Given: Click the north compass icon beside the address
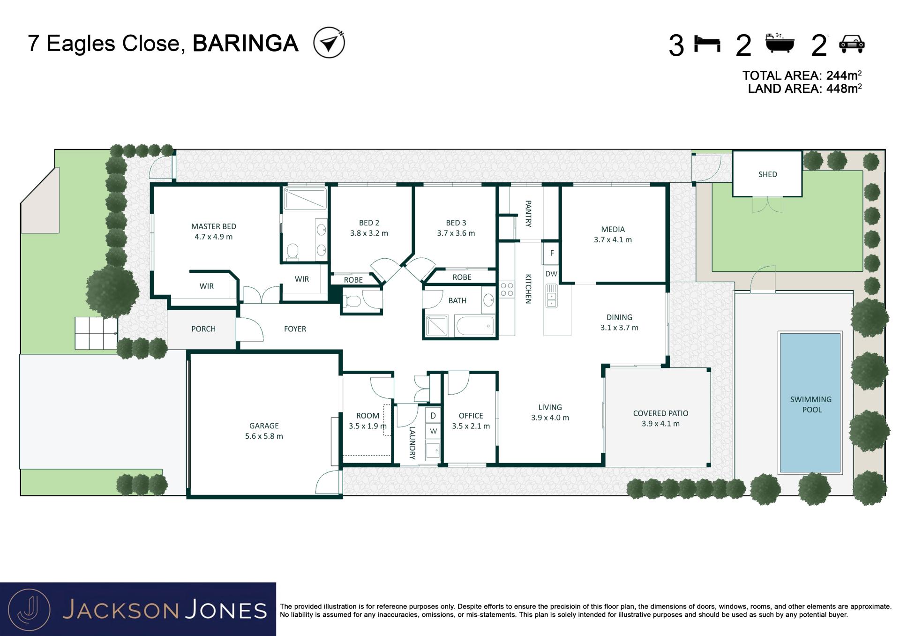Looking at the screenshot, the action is tap(329, 43).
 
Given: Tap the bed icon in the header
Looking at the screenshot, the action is tap(707, 44).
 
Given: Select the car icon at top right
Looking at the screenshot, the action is tap(852, 44).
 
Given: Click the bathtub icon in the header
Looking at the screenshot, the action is tap(780, 43).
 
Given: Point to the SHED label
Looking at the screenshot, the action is tap(767, 174).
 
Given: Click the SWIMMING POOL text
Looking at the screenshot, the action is tap(811, 404).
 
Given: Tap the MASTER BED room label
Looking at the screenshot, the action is tap(213, 226).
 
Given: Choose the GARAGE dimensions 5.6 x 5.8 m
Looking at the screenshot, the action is tap(264, 436).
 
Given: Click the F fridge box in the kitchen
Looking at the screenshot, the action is tap(552, 253).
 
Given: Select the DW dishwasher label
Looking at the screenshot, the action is tap(551, 274).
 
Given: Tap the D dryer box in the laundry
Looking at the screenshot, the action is tap(433, 416).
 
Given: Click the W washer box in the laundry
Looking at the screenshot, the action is tap(433, 431).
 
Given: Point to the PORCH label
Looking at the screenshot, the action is tap(203, 329).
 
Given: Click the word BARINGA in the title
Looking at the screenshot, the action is tap(246, 44).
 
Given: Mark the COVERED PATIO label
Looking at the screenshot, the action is tap(660, 413).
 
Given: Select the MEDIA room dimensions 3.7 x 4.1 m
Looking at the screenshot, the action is tap(613, 239).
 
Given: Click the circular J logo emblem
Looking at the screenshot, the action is tap(29, 609).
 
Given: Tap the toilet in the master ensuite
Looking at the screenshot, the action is tap(293, 251).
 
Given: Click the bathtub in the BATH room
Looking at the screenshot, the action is tap(474, 326).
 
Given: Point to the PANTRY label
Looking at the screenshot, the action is tap(528, 214).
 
